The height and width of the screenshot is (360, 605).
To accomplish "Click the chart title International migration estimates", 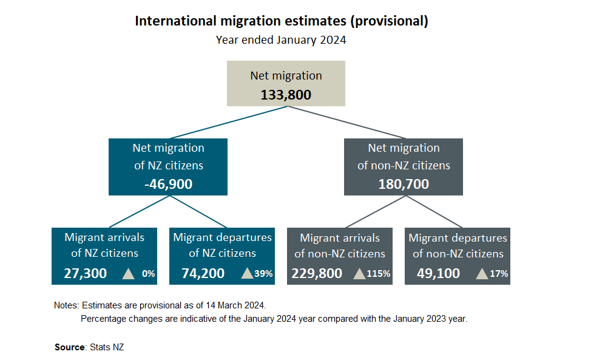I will [x=282, y=21].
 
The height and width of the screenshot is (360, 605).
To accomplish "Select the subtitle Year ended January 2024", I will [x=281, y=40].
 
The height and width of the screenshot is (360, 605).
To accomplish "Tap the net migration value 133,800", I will [x=286, y=95].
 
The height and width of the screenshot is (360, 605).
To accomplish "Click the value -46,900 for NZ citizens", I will [x=168, y=184].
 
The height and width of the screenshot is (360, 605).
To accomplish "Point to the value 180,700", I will [x=403, y=184].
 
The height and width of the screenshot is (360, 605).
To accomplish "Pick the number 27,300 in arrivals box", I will [x=86, y=273].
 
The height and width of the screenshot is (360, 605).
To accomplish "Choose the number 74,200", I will [x=203, y=273].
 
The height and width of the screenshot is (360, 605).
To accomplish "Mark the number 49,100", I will [x=438, y=273].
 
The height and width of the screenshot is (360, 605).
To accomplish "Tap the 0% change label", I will [x=148, y=274].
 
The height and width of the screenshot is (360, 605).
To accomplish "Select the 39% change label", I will [x=264, y=274].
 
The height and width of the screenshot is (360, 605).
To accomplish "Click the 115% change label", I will [x=378, y=274].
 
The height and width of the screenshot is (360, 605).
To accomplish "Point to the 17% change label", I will [x=499, y=274].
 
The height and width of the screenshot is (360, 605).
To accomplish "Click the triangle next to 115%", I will [x=359, y=273].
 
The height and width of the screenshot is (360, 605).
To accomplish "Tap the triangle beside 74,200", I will [x=247, y=273].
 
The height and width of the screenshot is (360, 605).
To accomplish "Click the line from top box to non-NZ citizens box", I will [x=344, y=123].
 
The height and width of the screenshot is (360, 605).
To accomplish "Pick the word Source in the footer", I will [x=70, y=347].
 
